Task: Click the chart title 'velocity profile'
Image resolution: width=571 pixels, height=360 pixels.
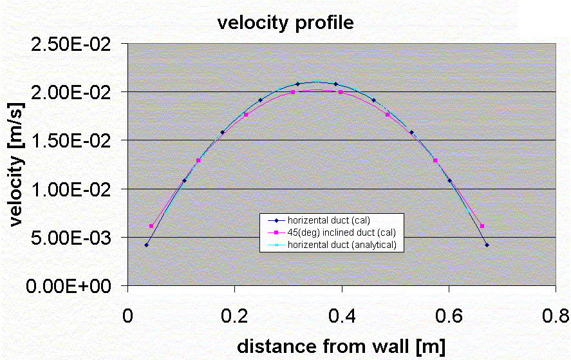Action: click(x=285, y=24)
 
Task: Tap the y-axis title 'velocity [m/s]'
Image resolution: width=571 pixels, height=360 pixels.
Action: click(x=17, y=166)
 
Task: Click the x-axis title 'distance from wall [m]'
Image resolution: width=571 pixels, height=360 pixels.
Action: click(x=341, y=346)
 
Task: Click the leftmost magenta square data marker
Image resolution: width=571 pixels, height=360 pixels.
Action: click(x=151, y=226)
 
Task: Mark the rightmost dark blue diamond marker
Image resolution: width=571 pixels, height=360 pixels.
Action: click(x=487, y=245)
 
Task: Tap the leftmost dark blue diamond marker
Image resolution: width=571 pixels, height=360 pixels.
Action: click(x=147, y=245)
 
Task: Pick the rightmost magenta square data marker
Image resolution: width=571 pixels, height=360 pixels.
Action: click(x=482, y=226)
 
